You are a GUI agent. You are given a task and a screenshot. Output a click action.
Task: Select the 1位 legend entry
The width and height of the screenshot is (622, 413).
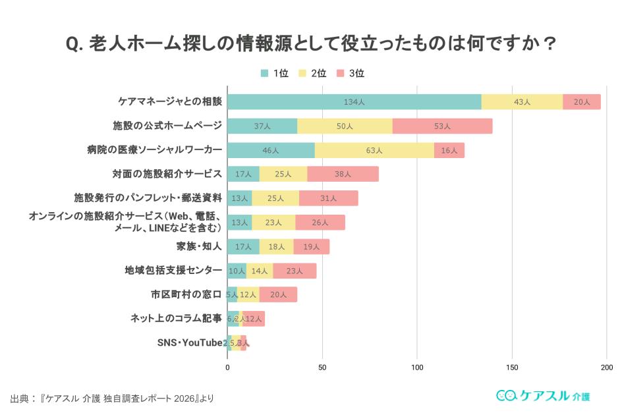(x=275, y=73)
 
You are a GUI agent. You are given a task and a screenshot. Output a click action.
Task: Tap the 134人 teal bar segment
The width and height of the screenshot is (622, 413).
(x=354, y=102)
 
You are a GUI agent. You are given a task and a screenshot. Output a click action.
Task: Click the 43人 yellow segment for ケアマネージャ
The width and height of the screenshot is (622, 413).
(x=522, y=102)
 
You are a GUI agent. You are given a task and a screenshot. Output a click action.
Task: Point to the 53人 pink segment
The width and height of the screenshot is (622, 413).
(x=442, y=126)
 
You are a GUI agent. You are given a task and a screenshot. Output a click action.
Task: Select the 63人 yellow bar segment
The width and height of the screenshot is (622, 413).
(x=374, y=150)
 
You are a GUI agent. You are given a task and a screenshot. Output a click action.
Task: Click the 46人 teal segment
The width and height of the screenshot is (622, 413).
(x=271, y=150)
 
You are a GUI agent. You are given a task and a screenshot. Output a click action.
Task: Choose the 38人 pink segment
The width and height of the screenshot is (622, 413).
(x=343, y=175)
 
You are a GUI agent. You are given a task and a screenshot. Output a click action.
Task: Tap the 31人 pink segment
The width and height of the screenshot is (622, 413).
(x=328, y=198)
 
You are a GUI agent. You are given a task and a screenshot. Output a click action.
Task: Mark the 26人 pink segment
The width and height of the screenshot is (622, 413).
(x=320, y=223)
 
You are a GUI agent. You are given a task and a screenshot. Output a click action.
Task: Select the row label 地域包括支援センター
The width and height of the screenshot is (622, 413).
(x=173, y=270)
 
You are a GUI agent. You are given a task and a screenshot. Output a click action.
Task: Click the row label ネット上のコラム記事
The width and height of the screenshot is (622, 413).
(x=176, y=318)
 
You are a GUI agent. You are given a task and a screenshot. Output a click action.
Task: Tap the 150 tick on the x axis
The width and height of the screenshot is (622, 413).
(x=512, y=367)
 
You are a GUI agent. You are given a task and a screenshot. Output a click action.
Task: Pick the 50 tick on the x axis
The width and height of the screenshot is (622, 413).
(x=322, y=367)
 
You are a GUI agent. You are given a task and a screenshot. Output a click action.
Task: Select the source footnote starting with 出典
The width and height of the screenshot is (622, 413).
(x=112, y=399)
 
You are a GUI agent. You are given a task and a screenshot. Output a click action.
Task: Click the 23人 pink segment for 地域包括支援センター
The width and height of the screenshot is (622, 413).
(x=295, y=271)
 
